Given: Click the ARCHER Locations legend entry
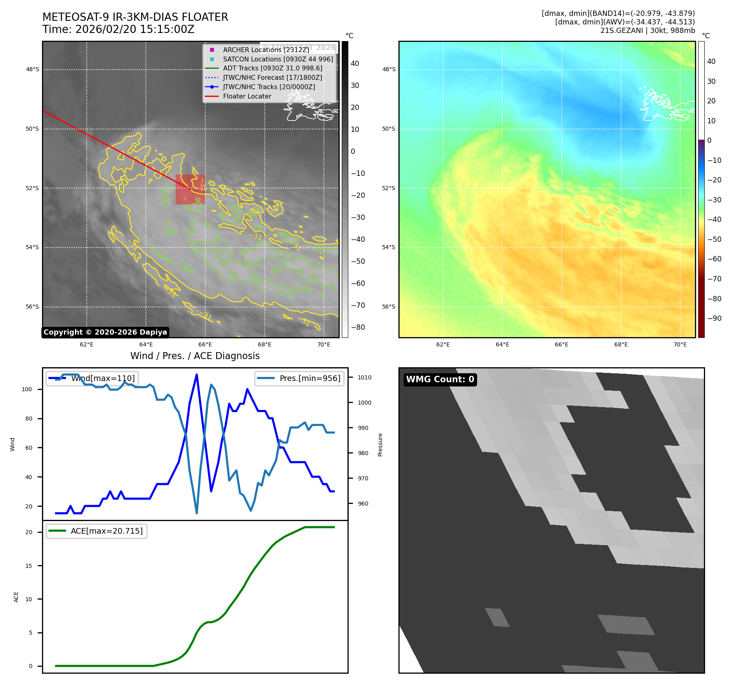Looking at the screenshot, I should (x=266, y=50).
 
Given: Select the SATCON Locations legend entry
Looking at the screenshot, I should (x=278, y=59).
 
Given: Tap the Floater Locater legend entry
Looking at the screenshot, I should (x=247, y=96).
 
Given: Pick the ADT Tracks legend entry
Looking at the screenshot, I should (x=273, y=68).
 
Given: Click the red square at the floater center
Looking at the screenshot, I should (x=190, y=189).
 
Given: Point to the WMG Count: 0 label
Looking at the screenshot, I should (x=440, y=379).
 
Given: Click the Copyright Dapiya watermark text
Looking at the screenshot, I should (x=105, y=332).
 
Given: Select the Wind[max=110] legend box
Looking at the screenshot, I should (x=92, y=378).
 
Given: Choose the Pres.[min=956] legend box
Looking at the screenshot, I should (x=299, y=378).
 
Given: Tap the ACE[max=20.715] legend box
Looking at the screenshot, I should (x=97, y=531).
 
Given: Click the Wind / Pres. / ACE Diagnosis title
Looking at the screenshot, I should (x=195, y=356).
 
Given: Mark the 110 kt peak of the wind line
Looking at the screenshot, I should (x=197, y=375).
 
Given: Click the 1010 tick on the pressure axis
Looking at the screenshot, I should (x=364, y=377).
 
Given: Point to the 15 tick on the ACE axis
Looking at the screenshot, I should (x=29, y=566).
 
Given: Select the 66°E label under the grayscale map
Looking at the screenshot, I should (x=205, y=344).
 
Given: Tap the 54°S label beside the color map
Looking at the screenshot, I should (x=388, y=248).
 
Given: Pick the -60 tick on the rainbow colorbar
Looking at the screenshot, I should (x=714, y=259).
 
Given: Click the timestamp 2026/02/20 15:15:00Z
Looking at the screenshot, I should (x=135, y=29).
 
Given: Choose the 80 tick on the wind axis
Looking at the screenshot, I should (x=29, y=418).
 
